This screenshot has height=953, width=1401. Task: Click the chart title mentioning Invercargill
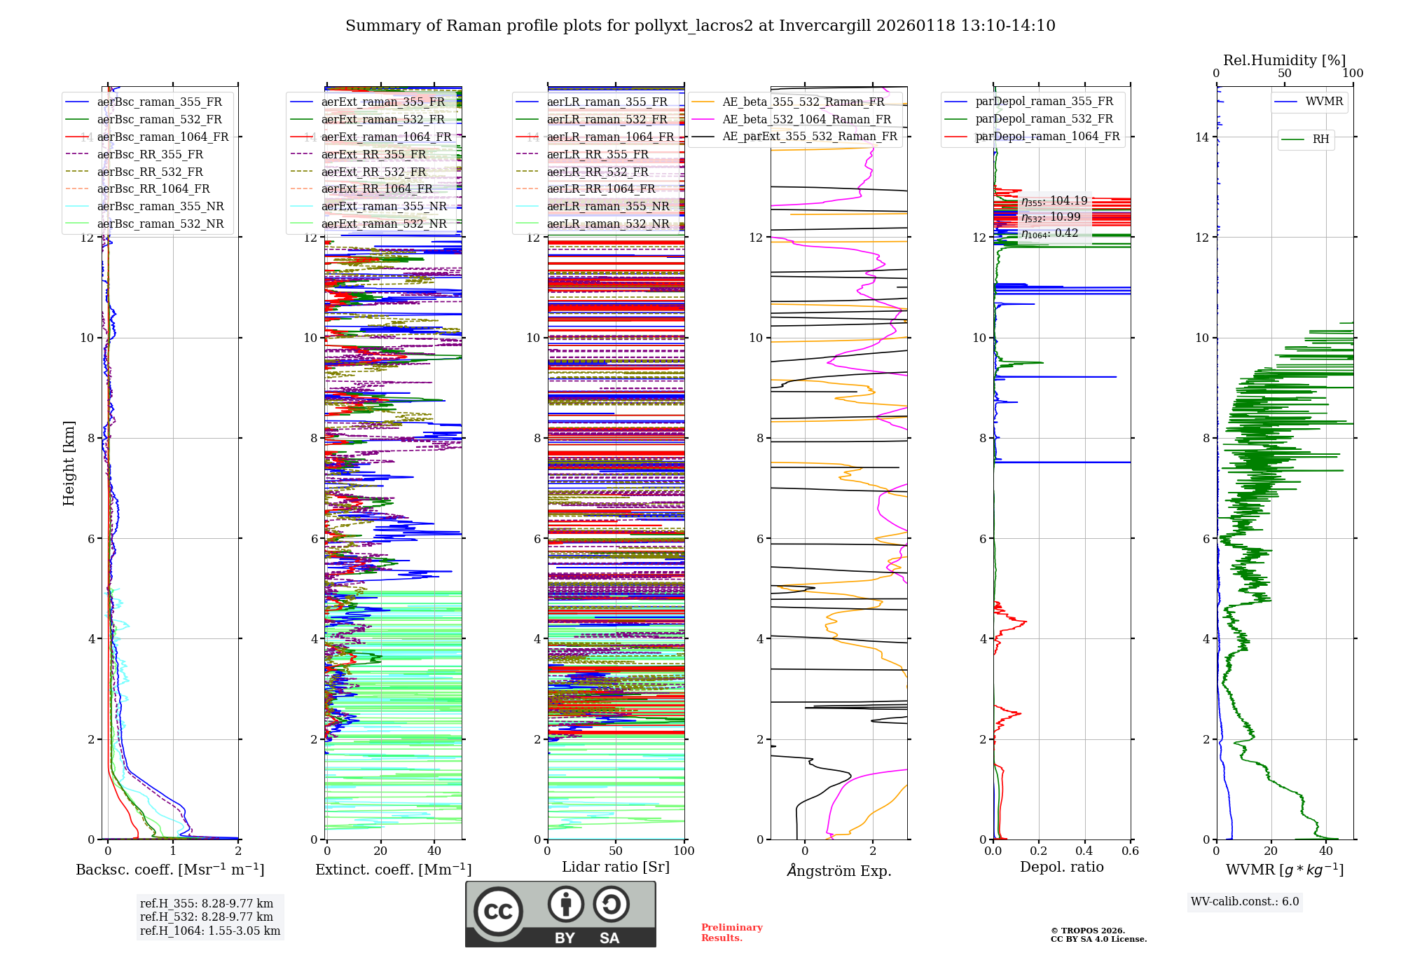tap(700, 26)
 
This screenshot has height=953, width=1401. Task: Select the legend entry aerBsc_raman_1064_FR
tap(163, 137)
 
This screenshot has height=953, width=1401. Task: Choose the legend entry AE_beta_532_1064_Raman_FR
tap(806, 119)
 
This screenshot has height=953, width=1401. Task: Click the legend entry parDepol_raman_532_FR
tap(1044, 119)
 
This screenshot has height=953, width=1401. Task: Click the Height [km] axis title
tap(69, 463)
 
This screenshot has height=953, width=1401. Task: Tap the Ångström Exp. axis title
tap(838, 871)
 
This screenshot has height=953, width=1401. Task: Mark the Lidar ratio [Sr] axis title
tap(615, 868)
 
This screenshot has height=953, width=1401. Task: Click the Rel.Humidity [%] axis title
tap(1284, 60)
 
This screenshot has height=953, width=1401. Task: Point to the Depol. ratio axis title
tap(1061, 868)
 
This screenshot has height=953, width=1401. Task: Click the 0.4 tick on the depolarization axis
tap(1084, 851)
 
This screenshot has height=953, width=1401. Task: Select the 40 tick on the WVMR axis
tap(1325, 851)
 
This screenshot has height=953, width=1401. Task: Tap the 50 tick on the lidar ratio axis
tap(615, 851)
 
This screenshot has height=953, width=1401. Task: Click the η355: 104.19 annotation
tap(1054, 201)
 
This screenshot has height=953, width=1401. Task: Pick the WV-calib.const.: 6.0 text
tap(1245, 902)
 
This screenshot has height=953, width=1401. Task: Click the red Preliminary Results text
tap(731, 933)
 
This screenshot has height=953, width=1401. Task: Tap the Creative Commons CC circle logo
tap(498, 912)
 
